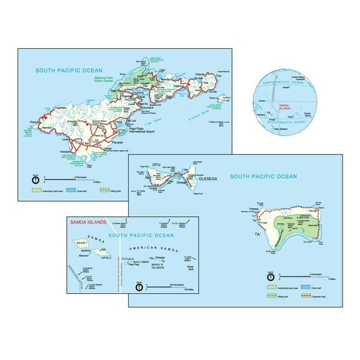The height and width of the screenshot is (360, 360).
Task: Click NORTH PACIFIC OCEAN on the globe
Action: coord(280,83)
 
